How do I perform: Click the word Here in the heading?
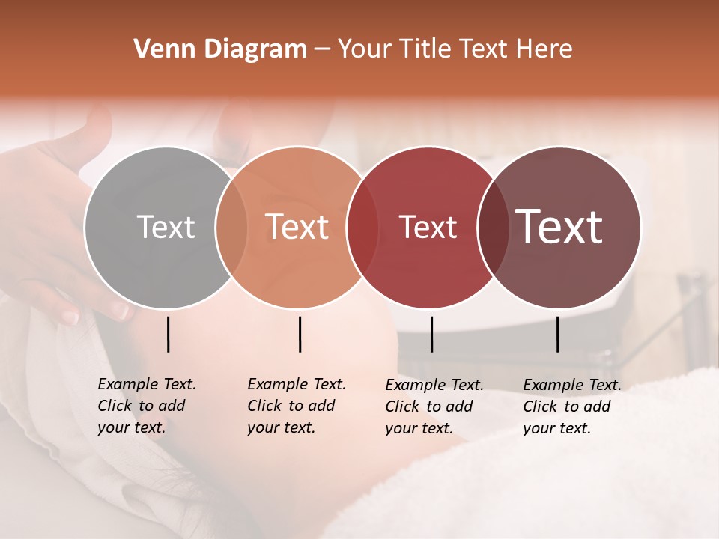(x=544, y=49)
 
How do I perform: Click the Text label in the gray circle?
(x=166, y=227)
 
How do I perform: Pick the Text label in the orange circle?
(x=297, y=227)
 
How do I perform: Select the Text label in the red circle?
(x=428, y=227)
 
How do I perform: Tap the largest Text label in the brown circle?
(x=559, y=227)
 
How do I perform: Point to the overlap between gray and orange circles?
(x=231, y=228)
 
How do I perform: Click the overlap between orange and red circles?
(x=362, y=228)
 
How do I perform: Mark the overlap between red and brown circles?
(x=494, y=228)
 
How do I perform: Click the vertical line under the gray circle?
(x=169, y=334)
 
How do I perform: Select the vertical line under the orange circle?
(x=300, y=334)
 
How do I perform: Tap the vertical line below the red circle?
(x=431, y=334)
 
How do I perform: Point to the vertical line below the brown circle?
(x=558, y=334)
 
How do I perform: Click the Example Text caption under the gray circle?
(x=147, y=406)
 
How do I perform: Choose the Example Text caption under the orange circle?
(x=297, y=406)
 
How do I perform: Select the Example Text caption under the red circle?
(x=434, y=406)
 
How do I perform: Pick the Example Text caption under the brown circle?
(x=572, y=406)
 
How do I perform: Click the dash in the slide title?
(x=322, y=49)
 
